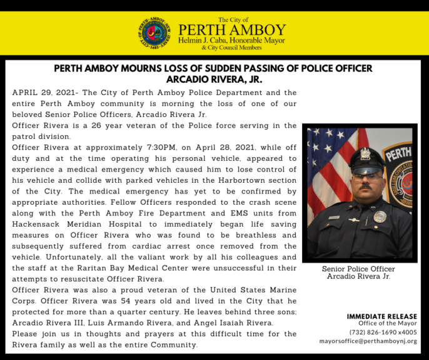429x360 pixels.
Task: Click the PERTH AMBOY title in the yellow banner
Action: (231, 30)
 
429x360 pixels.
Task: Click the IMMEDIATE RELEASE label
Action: (381, 317)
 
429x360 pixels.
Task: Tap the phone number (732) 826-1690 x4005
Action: (383, 332)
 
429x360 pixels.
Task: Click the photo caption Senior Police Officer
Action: (358, 269)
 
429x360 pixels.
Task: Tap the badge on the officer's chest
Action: (379, 217)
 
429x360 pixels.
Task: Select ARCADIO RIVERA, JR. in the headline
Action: (214, 80)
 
